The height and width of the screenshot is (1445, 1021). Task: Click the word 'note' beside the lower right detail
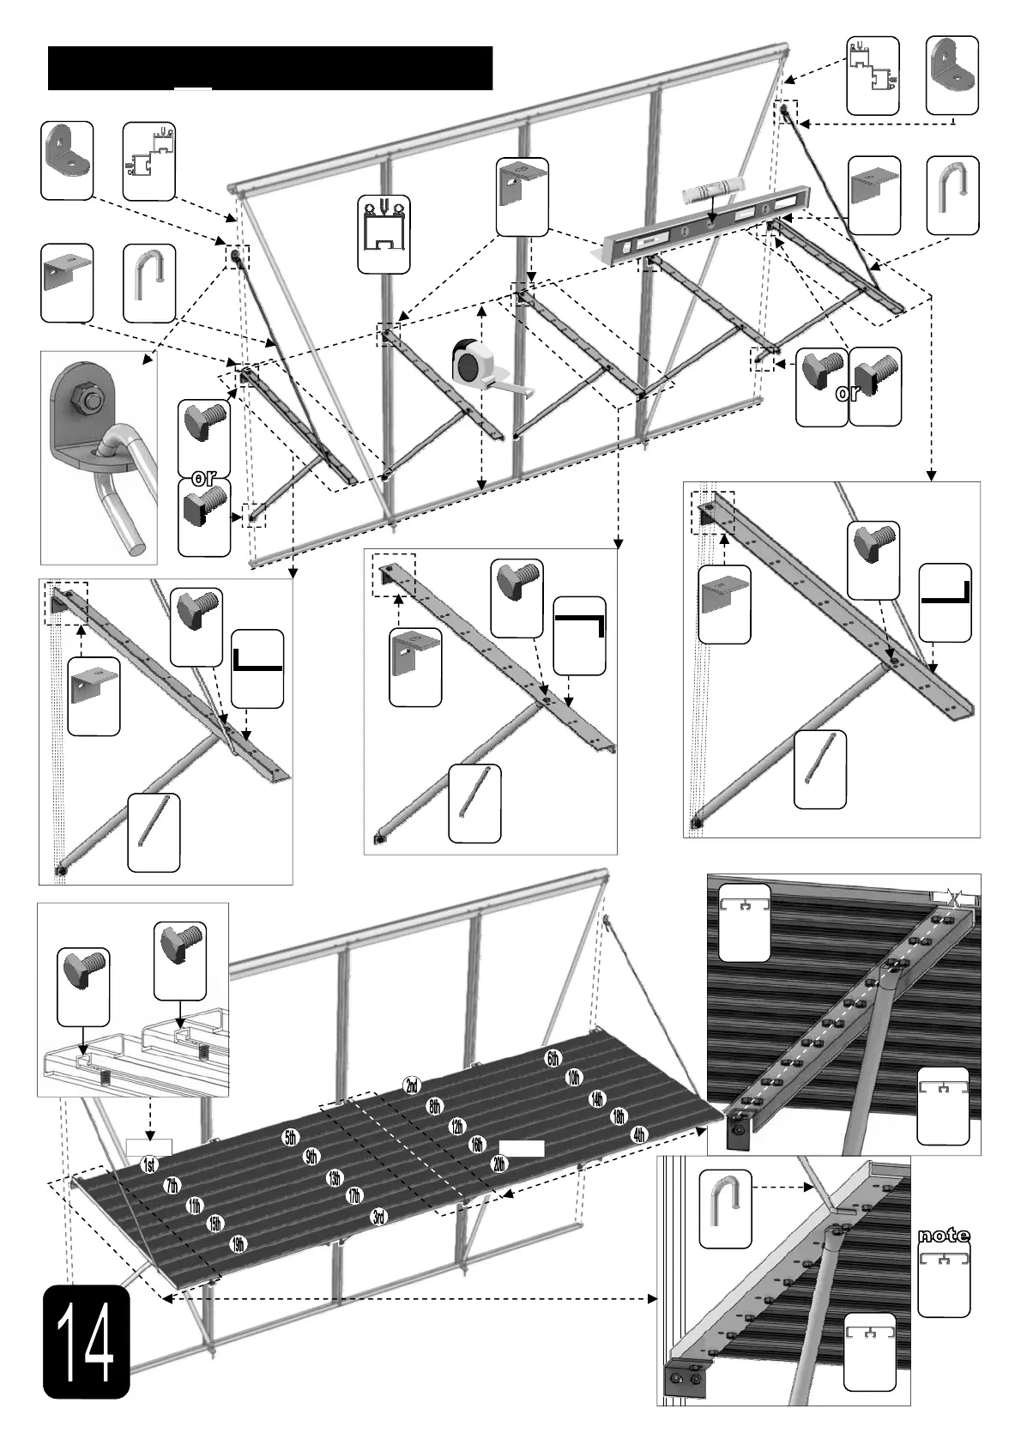[944, 1236]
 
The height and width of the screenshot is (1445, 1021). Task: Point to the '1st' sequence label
[148, 1165]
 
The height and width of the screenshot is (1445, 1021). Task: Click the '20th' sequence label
[499, 1164]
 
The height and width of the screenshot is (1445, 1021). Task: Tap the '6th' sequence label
[553, 1058]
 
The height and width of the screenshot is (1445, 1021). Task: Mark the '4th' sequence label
[638, 1134]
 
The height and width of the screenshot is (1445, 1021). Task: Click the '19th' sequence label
[239, 1243]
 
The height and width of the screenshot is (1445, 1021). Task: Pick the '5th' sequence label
[291, 1139]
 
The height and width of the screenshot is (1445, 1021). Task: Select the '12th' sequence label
[456, 1126]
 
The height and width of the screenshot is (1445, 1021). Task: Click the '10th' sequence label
[575, 1077]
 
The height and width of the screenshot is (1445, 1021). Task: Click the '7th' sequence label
[172, 1186]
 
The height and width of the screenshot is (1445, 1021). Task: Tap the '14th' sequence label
[597, 1098]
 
